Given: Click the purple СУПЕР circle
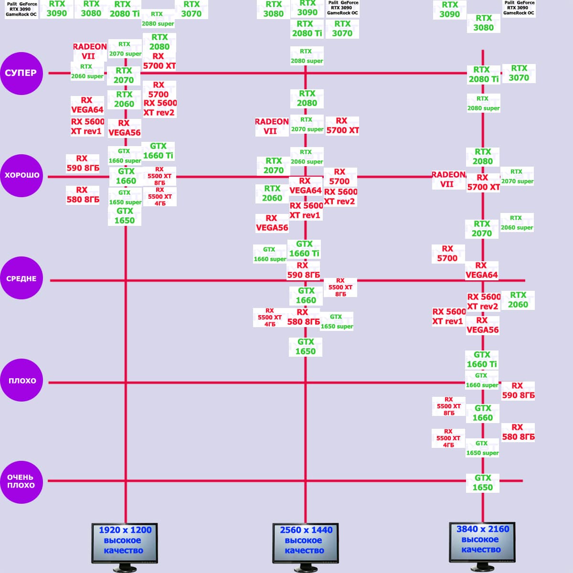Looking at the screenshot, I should (21, 73).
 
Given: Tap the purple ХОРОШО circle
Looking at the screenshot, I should (21, 175).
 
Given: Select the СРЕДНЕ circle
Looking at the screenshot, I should (21, 278).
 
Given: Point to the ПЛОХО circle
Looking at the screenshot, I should (21, 381).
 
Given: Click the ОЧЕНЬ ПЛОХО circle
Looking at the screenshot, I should (21, 481).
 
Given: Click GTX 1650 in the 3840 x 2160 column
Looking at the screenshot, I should (482, 483).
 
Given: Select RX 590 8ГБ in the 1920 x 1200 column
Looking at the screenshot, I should (83, 163).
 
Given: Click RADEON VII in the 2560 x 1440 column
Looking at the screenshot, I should (271, 126).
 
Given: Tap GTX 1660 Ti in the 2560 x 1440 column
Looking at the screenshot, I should (304, 249).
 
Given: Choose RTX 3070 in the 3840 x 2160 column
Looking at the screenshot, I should (519, 73).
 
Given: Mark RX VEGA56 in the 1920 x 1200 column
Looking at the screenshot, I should (124, 128).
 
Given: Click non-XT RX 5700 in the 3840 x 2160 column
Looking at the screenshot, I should (447, 254).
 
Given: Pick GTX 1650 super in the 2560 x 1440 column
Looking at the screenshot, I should (337, 322).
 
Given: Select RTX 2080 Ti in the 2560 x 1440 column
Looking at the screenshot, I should (307, 29).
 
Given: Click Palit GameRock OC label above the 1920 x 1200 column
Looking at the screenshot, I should (21, 9).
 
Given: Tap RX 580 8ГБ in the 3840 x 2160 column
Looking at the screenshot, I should (518, 432).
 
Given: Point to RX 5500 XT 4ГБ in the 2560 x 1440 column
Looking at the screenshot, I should (270, 318).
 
